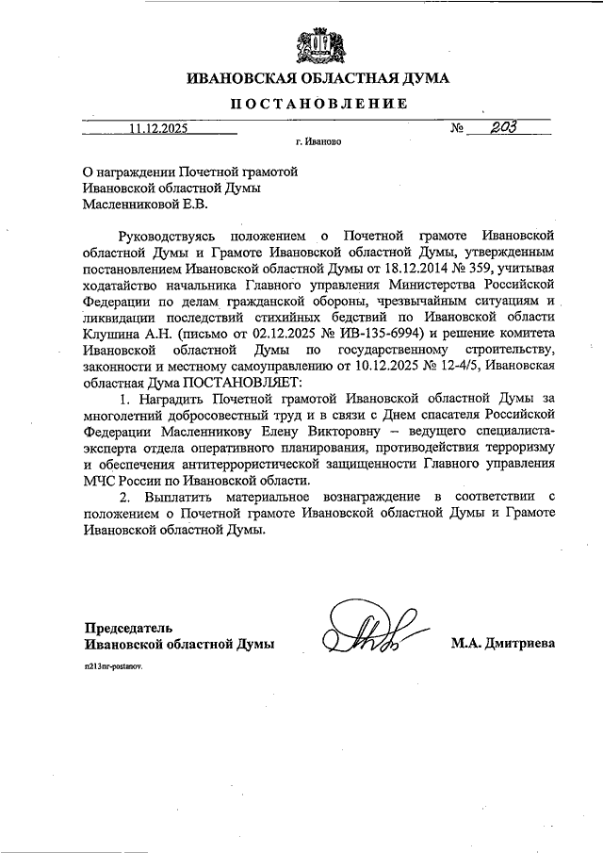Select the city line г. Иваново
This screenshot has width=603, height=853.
coord(318,145)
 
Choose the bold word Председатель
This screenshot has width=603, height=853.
coord(129,627)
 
